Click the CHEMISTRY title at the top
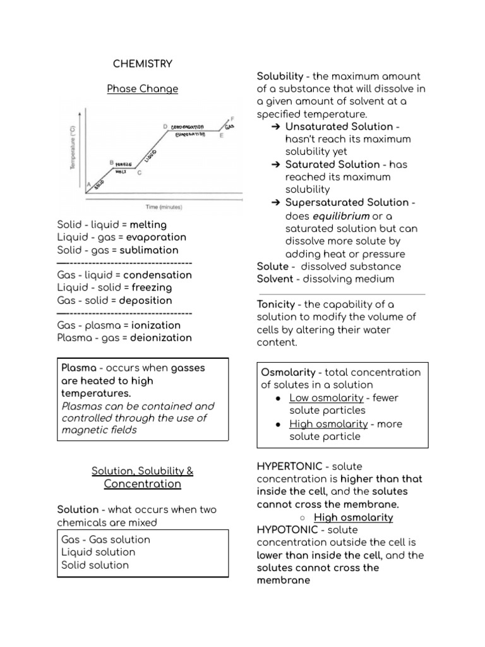click(142, 64)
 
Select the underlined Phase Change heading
click(142, 89)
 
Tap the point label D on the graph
click(165, 127)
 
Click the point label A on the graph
click(88, 183)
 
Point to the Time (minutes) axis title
click(164, 207)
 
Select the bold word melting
click(148, 225)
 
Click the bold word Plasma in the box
click(79, 368)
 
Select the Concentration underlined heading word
click(142, 484)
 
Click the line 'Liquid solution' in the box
click(98, 552)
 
